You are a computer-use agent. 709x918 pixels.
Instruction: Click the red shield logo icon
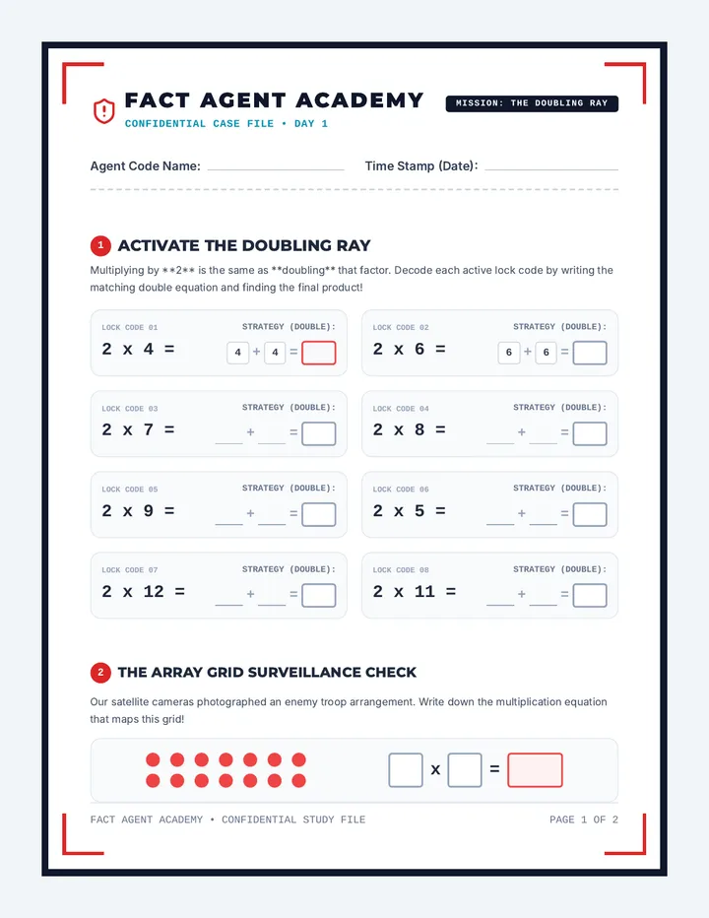[103, 110]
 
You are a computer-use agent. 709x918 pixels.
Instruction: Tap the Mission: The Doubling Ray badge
[532, 103]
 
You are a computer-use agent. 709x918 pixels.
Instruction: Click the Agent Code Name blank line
[276, 169]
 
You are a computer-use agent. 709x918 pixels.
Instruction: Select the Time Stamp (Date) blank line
[551, 169]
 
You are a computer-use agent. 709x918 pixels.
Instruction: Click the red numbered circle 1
[100, 245]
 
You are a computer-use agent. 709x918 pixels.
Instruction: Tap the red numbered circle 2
[100, 672]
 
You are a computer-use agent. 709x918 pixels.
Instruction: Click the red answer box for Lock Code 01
[318, 353]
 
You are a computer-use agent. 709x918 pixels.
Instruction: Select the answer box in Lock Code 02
[590, 353]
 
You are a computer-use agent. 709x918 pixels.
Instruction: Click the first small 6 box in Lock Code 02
[509, 353]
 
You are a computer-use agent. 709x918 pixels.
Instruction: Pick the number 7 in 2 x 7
[149, 429]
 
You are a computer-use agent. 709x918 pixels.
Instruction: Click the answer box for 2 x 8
[590, 433]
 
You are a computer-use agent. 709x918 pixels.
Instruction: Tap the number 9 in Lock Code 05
[149, 510]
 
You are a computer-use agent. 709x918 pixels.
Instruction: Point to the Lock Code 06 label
[401, 489]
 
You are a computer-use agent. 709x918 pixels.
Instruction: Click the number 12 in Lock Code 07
[154, 591]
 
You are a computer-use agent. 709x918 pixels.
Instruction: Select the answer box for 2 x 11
[590, 595]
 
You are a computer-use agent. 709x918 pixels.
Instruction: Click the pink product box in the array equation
[535, 770]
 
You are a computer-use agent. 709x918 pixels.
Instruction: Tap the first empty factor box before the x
[406, 770]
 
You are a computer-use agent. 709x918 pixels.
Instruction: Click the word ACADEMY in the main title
[359, 100]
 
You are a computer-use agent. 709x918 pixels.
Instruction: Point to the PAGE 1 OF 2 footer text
[584, 820]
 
